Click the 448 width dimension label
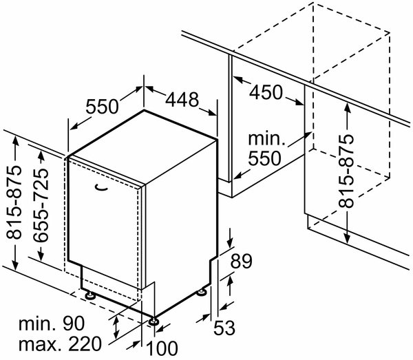click(x=182, y=100)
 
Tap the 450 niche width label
click(x=266, y=92)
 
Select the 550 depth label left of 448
click(x=102, y=107)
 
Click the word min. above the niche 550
click(x=266, y=139)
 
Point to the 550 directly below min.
click(x=265, y=158)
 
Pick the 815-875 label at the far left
click(x=14, y=202)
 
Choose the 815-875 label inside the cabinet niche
click(x=346, y=171)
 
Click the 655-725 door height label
click(x=41, y=204)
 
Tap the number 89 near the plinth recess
click(x=242, y=261)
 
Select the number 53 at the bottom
click(x=224, y=328)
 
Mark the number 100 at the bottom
click(x=162, y=348)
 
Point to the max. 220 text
click(x=60, y=343)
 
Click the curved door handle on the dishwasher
click(x=102, y=187)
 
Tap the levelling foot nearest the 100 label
click(x=153, y=321)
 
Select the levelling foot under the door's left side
click(x=89, y=295)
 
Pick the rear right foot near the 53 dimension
click(x=202, y=293)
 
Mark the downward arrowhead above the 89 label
click(x=231, y=242)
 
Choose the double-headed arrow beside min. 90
click(x=116, y=328)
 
